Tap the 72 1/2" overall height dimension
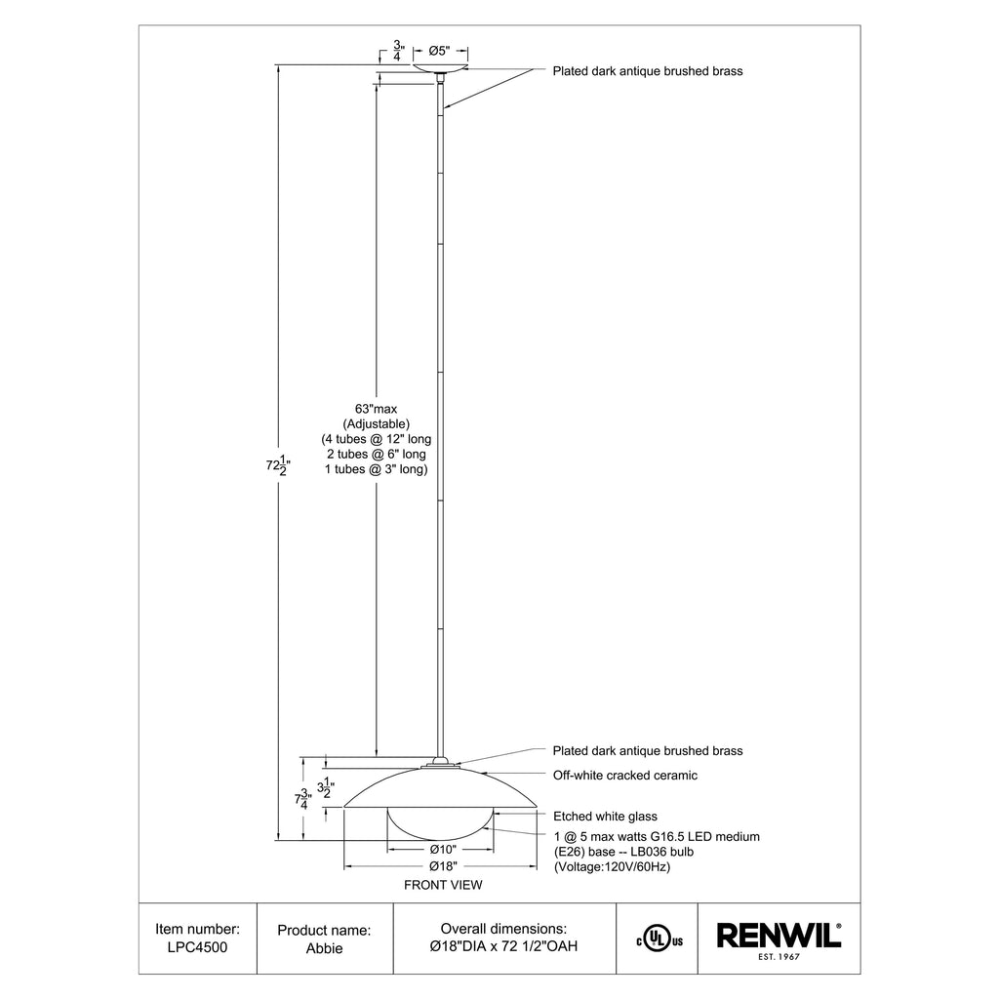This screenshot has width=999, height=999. (277, 465)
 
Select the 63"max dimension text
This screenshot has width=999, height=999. (376, 409)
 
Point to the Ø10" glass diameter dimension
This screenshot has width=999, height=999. (443, 849)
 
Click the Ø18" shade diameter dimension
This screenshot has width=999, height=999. (443, 865)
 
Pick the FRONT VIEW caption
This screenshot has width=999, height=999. (443, 886)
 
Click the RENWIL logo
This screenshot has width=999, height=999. (779, 937)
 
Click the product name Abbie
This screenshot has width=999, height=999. (324, 948)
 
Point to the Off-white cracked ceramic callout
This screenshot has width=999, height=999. (625, 776)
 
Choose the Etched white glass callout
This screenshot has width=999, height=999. (605, 817)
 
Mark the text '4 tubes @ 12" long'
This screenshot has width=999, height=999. (377, 439)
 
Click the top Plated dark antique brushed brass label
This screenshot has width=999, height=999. (648, 71)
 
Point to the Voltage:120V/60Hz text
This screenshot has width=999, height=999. (612, 866)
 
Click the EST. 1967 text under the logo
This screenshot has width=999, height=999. (779, 958)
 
